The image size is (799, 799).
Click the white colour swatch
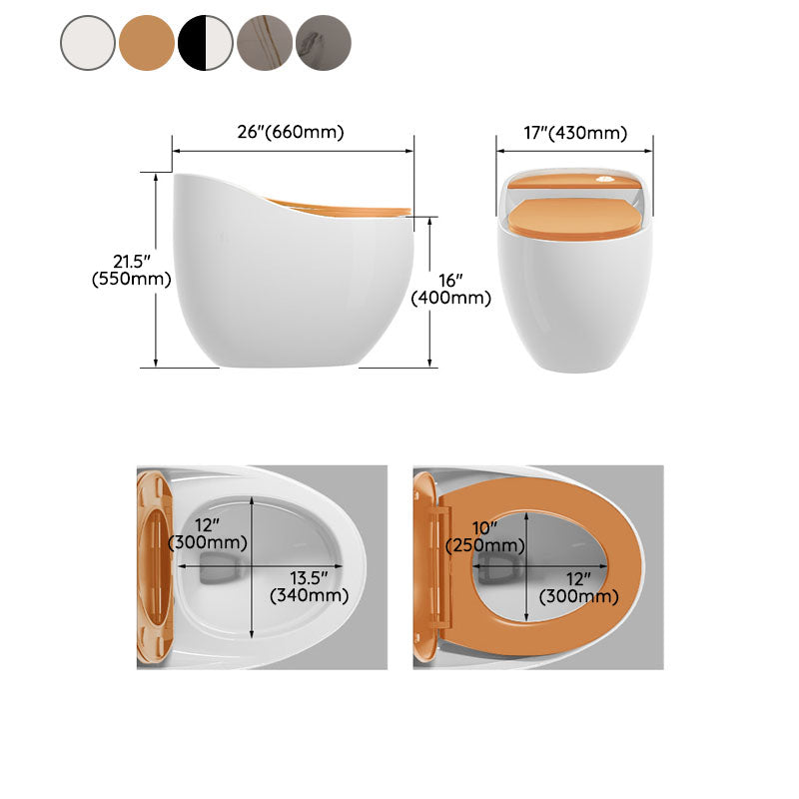pyautogui.click(x=88, y=43)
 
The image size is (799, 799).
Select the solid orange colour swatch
pyautogui.click(x=147, y=43)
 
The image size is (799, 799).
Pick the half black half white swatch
pyautogui.click(x=206, y=43)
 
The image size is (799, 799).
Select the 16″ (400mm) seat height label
pyautogui.click(x=450, y=288)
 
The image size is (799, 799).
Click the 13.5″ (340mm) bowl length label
pyautogui.click(x=310, y=586)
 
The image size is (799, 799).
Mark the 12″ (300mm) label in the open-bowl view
pyautogui.click(x=209, y=533)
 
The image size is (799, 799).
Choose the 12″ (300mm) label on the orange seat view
pyautogui.click(x=578, y=586)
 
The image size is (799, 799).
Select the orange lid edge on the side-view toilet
pyautogui.click(x=340, y=208)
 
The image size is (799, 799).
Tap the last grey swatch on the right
pyautogui.click(x=324, y=43)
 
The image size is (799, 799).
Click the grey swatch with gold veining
pyautogui.click(x=265, y=43)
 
